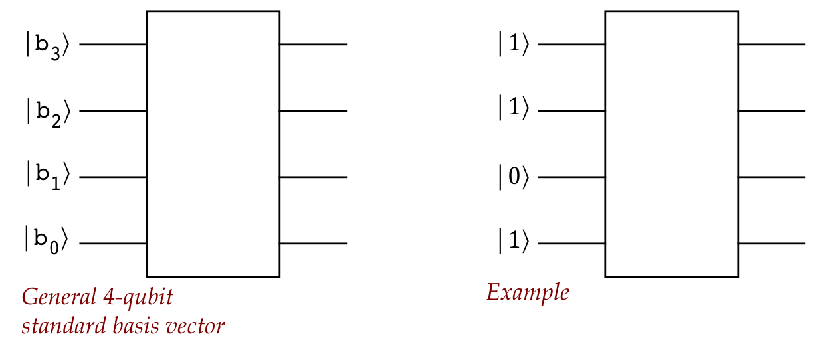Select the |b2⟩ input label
(x=47, y=112)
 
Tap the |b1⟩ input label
(x=47, y=177)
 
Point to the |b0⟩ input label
(x=47, y=240)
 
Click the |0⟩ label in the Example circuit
(x=513, y=178)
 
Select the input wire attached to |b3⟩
(x=113, y=45)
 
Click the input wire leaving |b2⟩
(x=113, y=110)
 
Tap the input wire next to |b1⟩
(x=113, y=177)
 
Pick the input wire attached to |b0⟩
(x=113, y=244)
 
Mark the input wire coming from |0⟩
(x=571, y=177)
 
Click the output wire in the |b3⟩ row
(x=313, y=45)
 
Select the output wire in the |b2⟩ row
(x=313, y=110)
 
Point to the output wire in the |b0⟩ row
(x=313, y=244)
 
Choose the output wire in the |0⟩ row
(x=771, y=177)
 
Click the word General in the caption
(x=58, y=297)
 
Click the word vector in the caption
(x=197, y=327)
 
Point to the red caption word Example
(x=528, y=293)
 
